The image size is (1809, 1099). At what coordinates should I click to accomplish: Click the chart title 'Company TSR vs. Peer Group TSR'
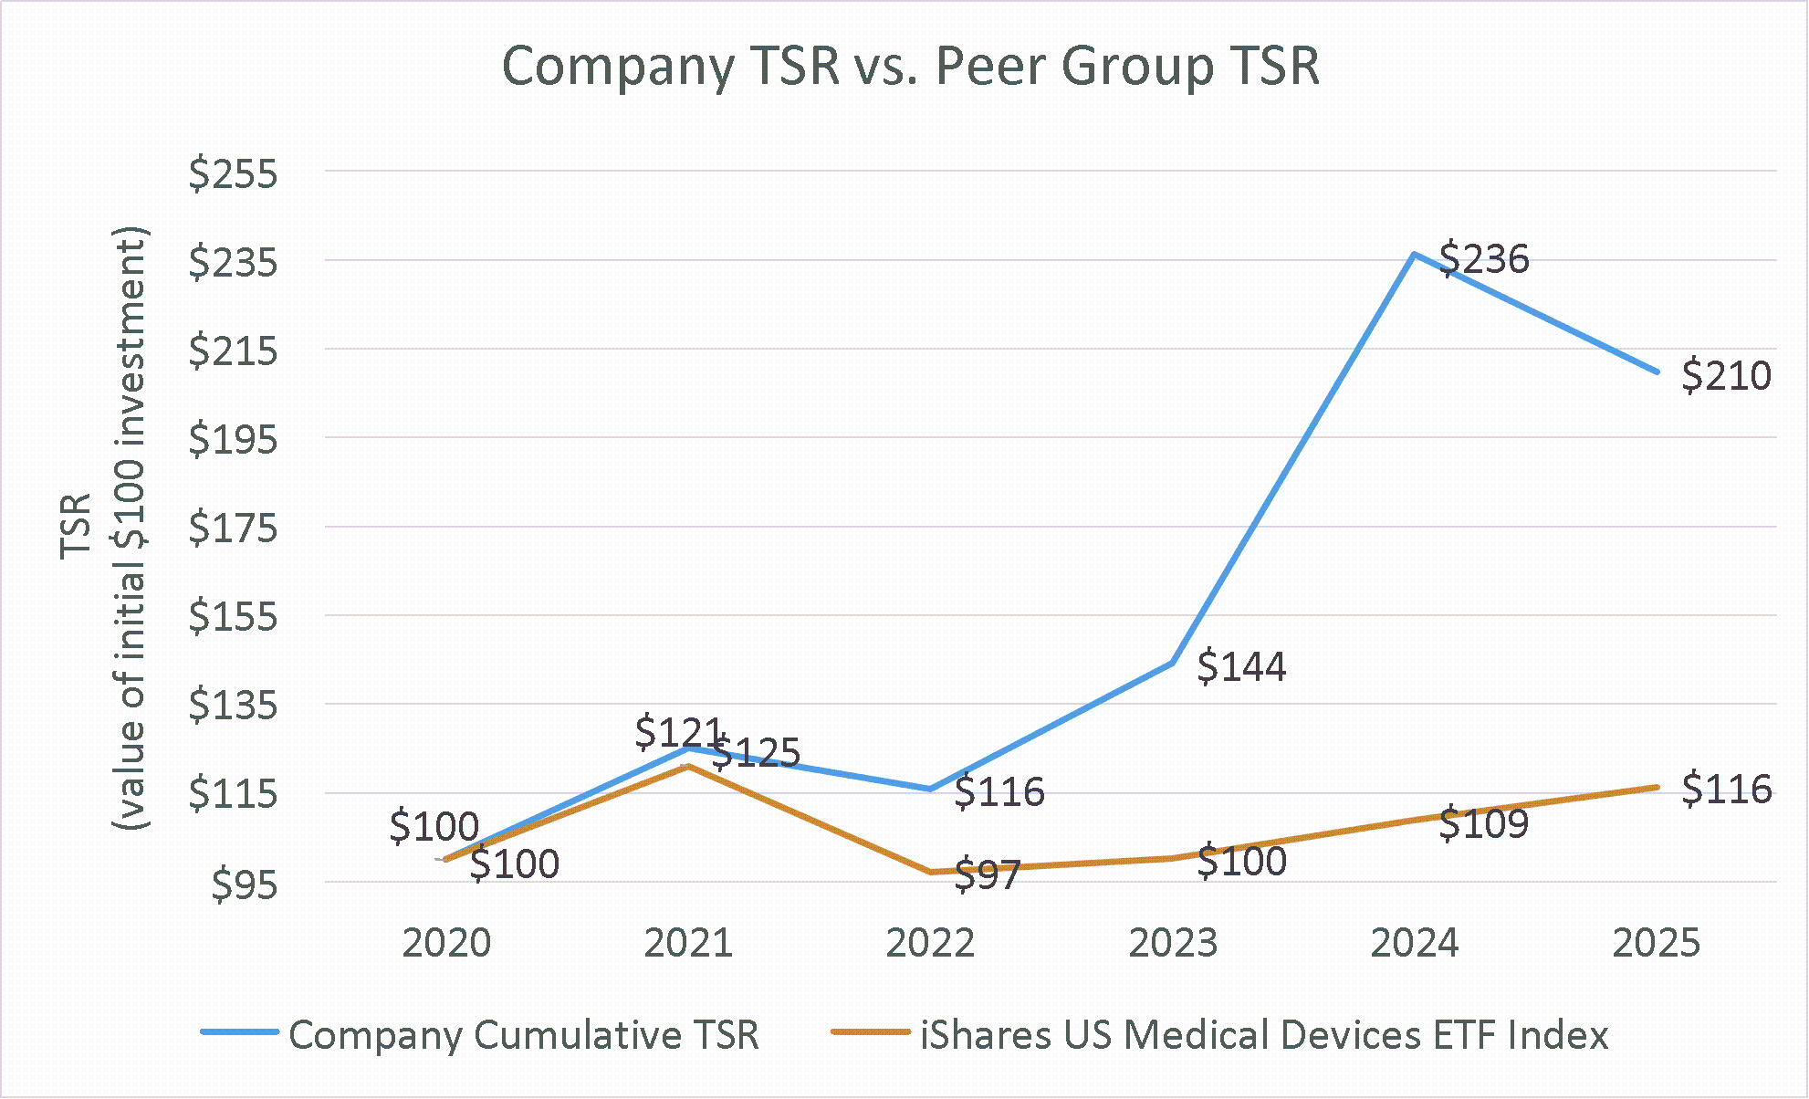[x=910, y=67]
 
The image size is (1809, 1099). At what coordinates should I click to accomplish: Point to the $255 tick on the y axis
[x=233, y=173]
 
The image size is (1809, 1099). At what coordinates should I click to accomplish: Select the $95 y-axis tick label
[x=244, y=884]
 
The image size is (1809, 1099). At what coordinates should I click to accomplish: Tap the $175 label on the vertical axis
[x=233, y=528]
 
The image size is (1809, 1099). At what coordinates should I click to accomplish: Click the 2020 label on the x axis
[x=446, y=943]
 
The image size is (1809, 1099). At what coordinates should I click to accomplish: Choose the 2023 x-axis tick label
[x=1173, y=943]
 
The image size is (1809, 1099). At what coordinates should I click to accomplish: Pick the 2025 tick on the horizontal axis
[x=1656, y=943]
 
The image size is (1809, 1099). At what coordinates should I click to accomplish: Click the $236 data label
[x=1484, y=259]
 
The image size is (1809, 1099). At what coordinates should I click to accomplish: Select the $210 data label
[x=1726, y=376]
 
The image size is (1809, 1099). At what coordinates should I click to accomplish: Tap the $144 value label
[x=1241, y=667]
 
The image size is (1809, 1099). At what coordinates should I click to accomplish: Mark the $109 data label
[x=1484, y=824]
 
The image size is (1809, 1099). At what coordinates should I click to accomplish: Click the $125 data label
[x=756, y=753]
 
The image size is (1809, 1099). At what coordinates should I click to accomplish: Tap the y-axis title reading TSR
[x=77, y=525]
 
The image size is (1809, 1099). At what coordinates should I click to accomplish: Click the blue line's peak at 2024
[x=1414, y=254]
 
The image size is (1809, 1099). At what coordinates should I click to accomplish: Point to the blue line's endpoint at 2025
[x=1657, y=372]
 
